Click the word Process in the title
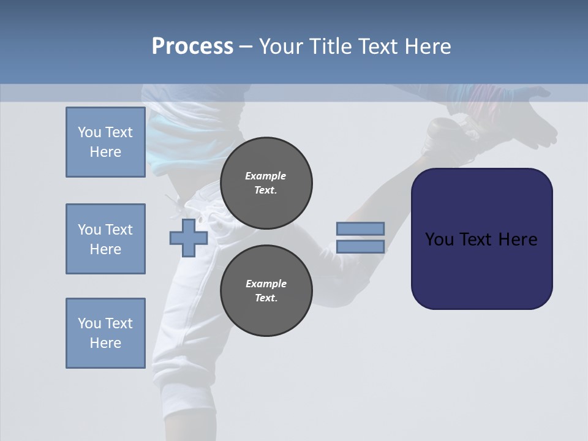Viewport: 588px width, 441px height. (192, 47)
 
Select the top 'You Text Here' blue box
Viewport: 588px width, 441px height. (105, 142)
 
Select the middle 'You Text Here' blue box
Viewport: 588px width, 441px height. (105, 239)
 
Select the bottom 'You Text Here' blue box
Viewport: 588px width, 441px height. (105, 333)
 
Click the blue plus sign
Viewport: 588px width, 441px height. (188, 238)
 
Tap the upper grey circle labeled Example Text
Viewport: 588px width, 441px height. (266, 183)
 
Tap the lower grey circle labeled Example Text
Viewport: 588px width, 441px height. (266, 291)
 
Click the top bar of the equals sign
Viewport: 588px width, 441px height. (360, 228)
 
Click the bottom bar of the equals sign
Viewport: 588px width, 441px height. (360, 247)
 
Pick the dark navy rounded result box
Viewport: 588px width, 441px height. (481, 269)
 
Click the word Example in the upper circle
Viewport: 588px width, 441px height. (265, 176)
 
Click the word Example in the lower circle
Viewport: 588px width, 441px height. (265, 284)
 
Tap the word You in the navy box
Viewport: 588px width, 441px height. (439, 239)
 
